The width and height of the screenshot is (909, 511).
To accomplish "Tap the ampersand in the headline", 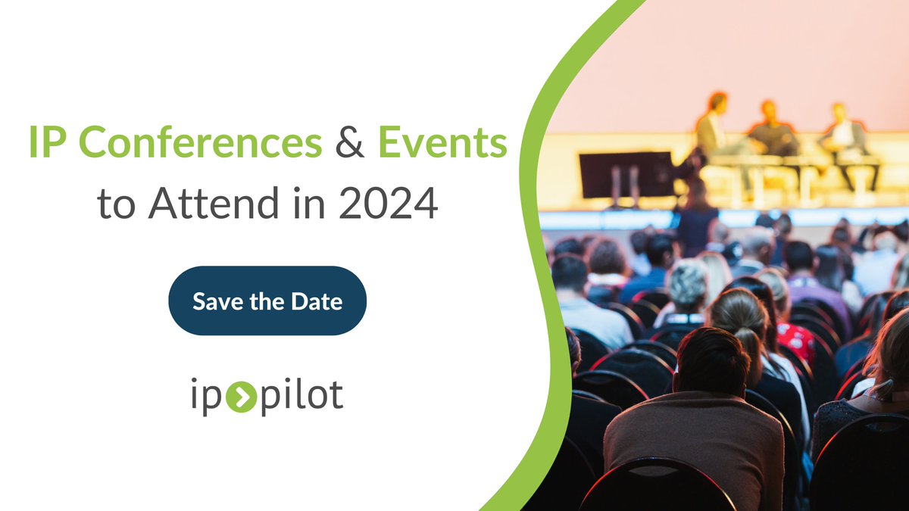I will [350, 143].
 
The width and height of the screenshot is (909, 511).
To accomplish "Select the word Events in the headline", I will [442, 143].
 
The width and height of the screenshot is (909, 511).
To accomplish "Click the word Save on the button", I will [215, 301].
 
